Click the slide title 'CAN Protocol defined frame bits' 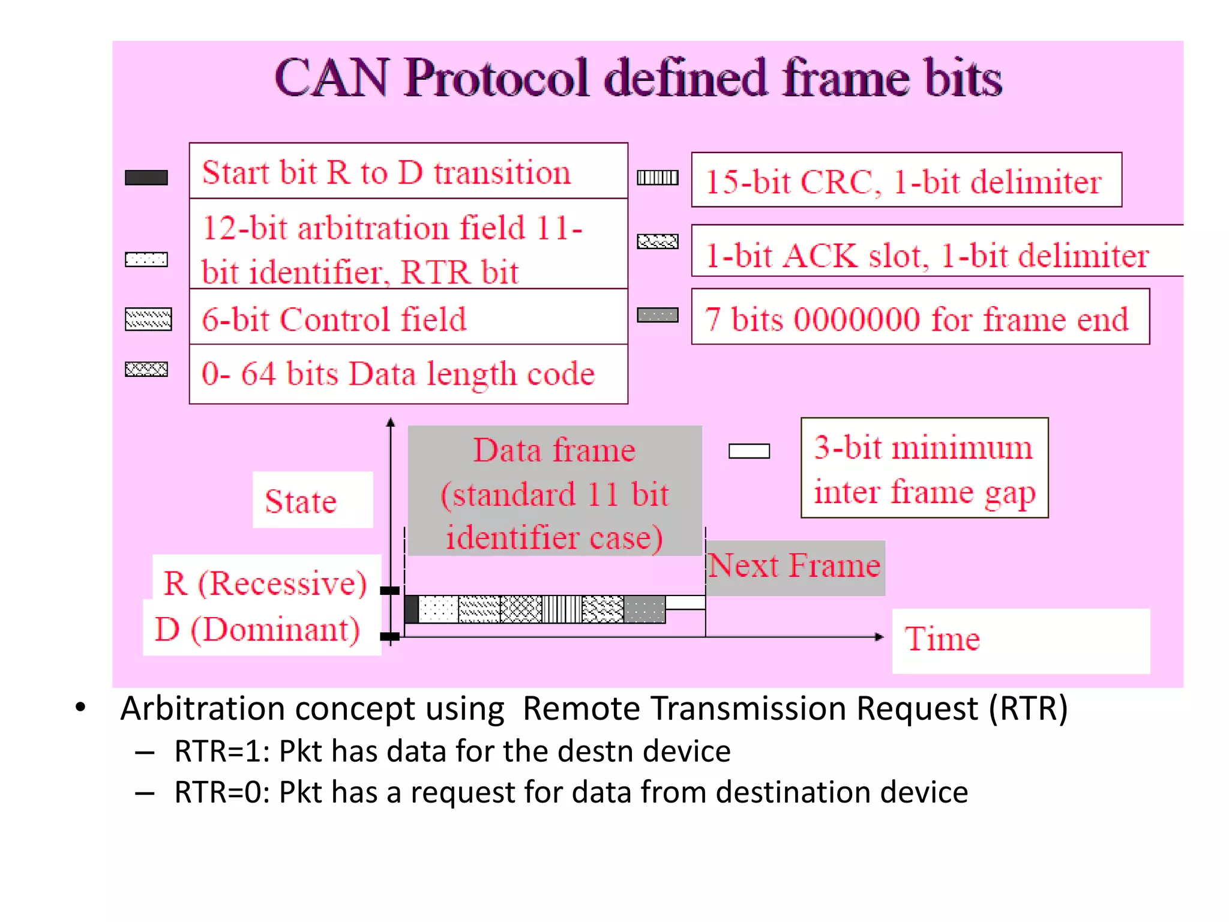coord(638,78)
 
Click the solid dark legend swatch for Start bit coord(146,178)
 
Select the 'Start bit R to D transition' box coord(408,172)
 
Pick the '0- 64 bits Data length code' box coord(408,374)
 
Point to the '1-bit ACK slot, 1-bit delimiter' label coord(927,255)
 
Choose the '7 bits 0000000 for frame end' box coord(920,318)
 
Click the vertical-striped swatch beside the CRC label coord(658,178)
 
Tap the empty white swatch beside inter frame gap coord(749,451)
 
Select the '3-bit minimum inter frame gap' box coord(924,468)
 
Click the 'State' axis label coord(301,501)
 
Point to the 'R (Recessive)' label coord(265,582)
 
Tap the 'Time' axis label coord(943,638)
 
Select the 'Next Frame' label coord(795,566)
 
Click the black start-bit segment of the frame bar coord(411,609)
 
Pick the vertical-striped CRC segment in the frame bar coord(562,609)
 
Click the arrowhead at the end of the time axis coord(879,637)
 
